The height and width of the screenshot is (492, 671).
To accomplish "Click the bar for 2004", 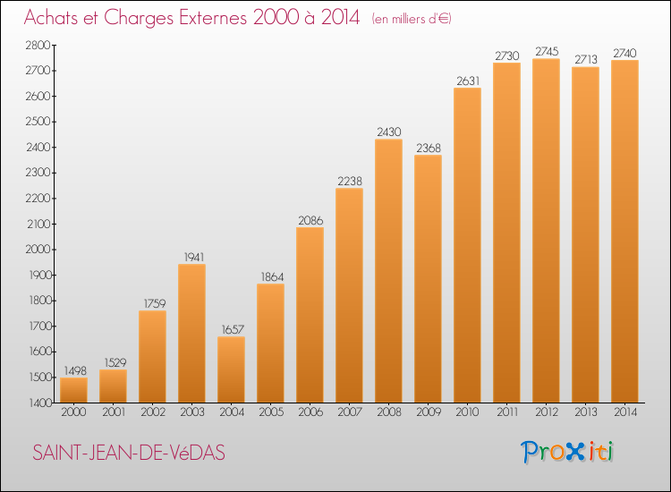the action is tap(232, 369).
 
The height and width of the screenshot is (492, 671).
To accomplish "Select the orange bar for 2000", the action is tap(73, 390).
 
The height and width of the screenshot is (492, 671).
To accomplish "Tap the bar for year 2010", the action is tap(467, 245).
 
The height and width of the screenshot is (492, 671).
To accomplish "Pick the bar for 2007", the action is tap(349, 295).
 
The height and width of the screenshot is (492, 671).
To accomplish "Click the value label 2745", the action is tap(547, 51).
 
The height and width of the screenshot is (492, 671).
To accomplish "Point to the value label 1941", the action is tap(194, 257).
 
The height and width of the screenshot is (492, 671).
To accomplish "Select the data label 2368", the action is tap(429, 148).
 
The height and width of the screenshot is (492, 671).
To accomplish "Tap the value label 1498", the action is tap(75, 370).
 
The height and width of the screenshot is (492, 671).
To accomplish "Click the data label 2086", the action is tap(310, 220).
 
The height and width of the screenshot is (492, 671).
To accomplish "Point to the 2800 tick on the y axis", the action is tap(38, 45).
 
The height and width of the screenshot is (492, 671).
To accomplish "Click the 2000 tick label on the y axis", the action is tap(38, 250).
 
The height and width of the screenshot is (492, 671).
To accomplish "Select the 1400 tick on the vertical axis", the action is tap(40, 403).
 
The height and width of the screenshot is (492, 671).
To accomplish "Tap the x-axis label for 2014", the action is tap(625, 412).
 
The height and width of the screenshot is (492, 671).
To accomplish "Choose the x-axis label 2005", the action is tap(271, 412).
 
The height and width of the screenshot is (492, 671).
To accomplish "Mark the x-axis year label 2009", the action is tap(429, 412).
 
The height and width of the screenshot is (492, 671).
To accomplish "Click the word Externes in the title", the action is tap(213, 18).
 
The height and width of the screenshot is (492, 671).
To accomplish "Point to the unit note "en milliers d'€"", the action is tap(412, 19).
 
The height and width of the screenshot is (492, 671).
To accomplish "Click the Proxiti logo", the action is tap(567, 452).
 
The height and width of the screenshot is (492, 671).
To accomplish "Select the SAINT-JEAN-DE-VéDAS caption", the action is tap(129, 453).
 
